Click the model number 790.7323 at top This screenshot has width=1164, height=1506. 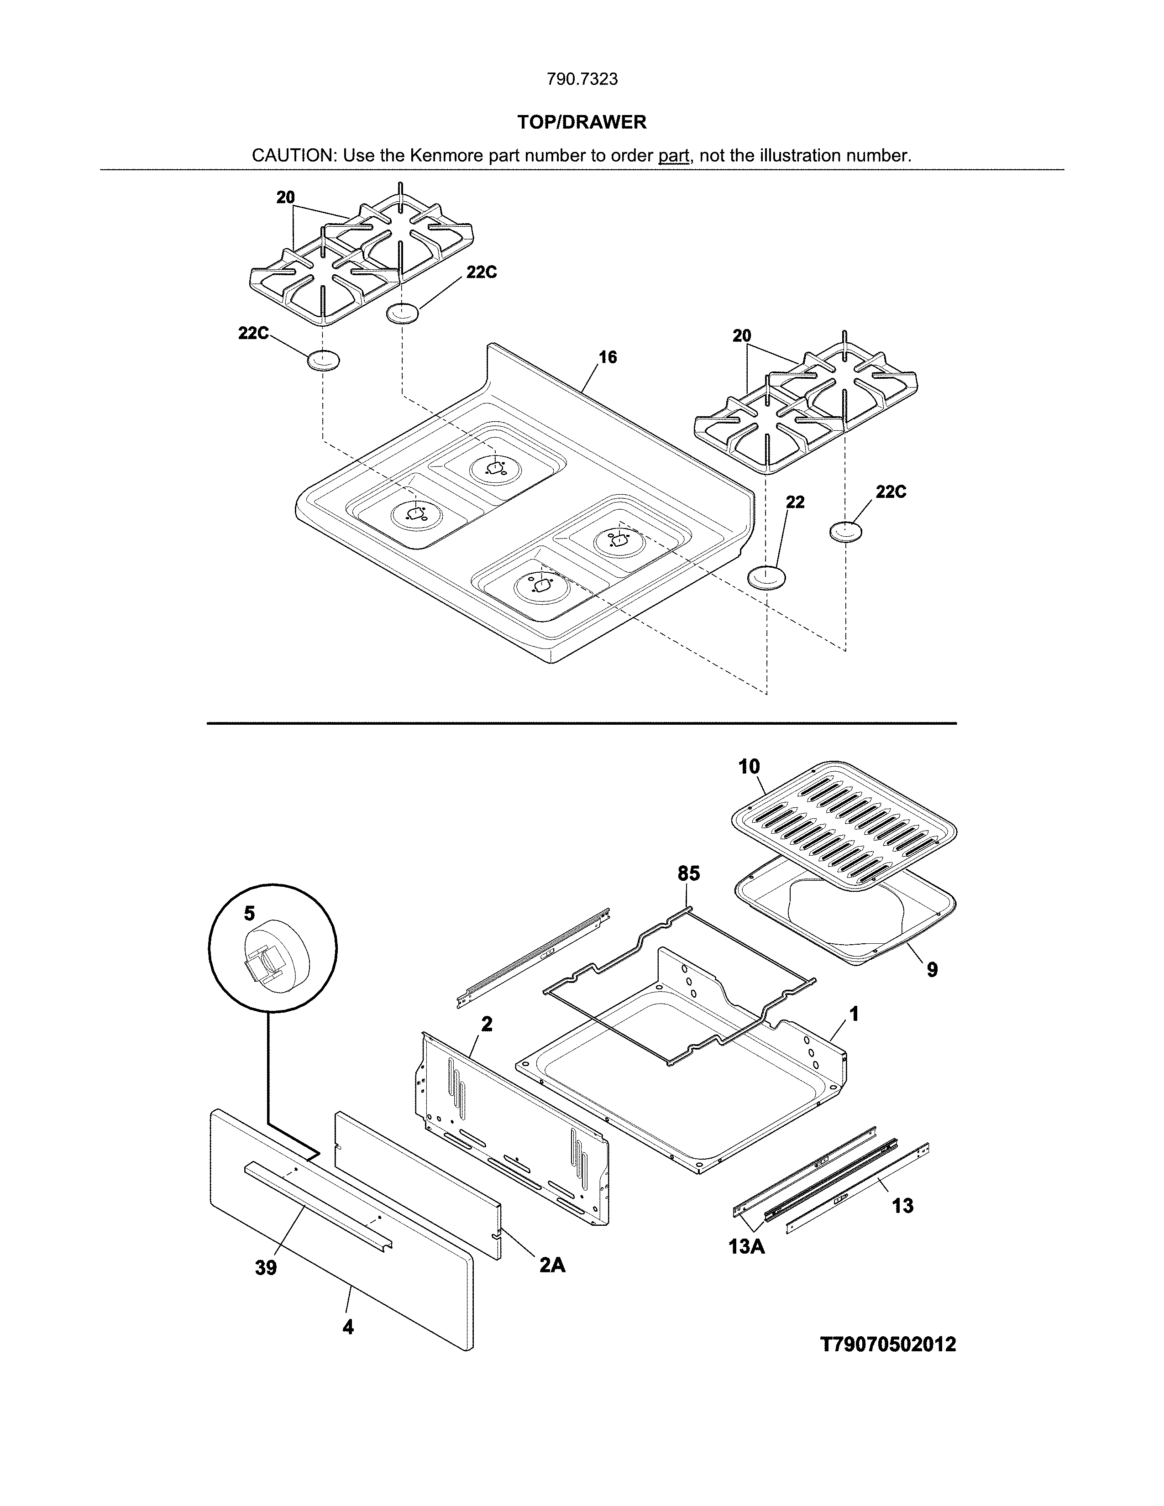[582, 79]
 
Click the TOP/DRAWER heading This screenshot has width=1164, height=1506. [582, 123]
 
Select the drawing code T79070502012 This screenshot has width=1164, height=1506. [888, 1344]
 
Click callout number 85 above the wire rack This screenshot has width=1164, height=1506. [688, 873]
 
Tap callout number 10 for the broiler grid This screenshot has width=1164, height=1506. [749, 766]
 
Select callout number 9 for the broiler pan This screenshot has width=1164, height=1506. [932, 970]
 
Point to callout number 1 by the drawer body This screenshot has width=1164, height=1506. [854, 1014]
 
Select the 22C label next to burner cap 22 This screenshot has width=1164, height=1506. [891, 492]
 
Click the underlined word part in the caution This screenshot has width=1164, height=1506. [674, 156]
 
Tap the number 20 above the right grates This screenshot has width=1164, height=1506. [741, 336]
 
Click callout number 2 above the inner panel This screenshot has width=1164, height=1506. [487, 1024]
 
